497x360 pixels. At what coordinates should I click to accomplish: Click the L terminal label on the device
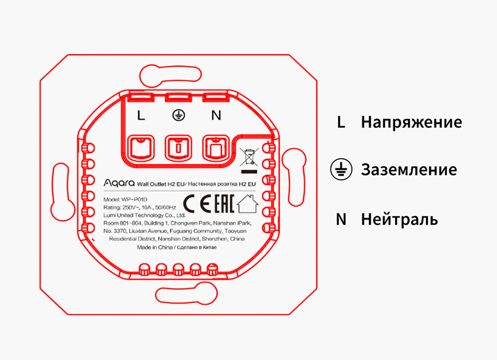pos(141,115)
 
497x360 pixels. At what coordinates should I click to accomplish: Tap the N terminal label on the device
pos(216,115)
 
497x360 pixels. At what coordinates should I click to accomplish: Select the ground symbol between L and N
pos(179,115)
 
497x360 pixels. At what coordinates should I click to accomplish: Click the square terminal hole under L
pos(140,148)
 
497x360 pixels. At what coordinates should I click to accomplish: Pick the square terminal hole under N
pos(216,148)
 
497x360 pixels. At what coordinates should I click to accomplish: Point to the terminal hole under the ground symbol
pos(179,148)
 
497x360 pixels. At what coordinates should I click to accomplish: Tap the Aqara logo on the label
pos(119,183)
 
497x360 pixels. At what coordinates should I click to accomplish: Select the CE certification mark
pos(197,204)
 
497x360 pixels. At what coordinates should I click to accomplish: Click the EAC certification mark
pos(224,204)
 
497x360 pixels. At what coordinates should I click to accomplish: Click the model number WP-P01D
pos(135,200)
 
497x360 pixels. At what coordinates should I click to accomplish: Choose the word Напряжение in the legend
pos(411,123)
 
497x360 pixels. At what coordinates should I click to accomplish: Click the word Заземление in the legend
pos(409,170)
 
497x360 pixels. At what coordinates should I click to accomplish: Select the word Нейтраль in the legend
pos(399,219)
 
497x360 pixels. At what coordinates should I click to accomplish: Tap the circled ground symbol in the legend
pos(341,169)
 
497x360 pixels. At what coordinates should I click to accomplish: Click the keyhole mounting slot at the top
pos(170,75)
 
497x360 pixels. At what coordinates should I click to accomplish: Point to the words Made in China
pos(155,247)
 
